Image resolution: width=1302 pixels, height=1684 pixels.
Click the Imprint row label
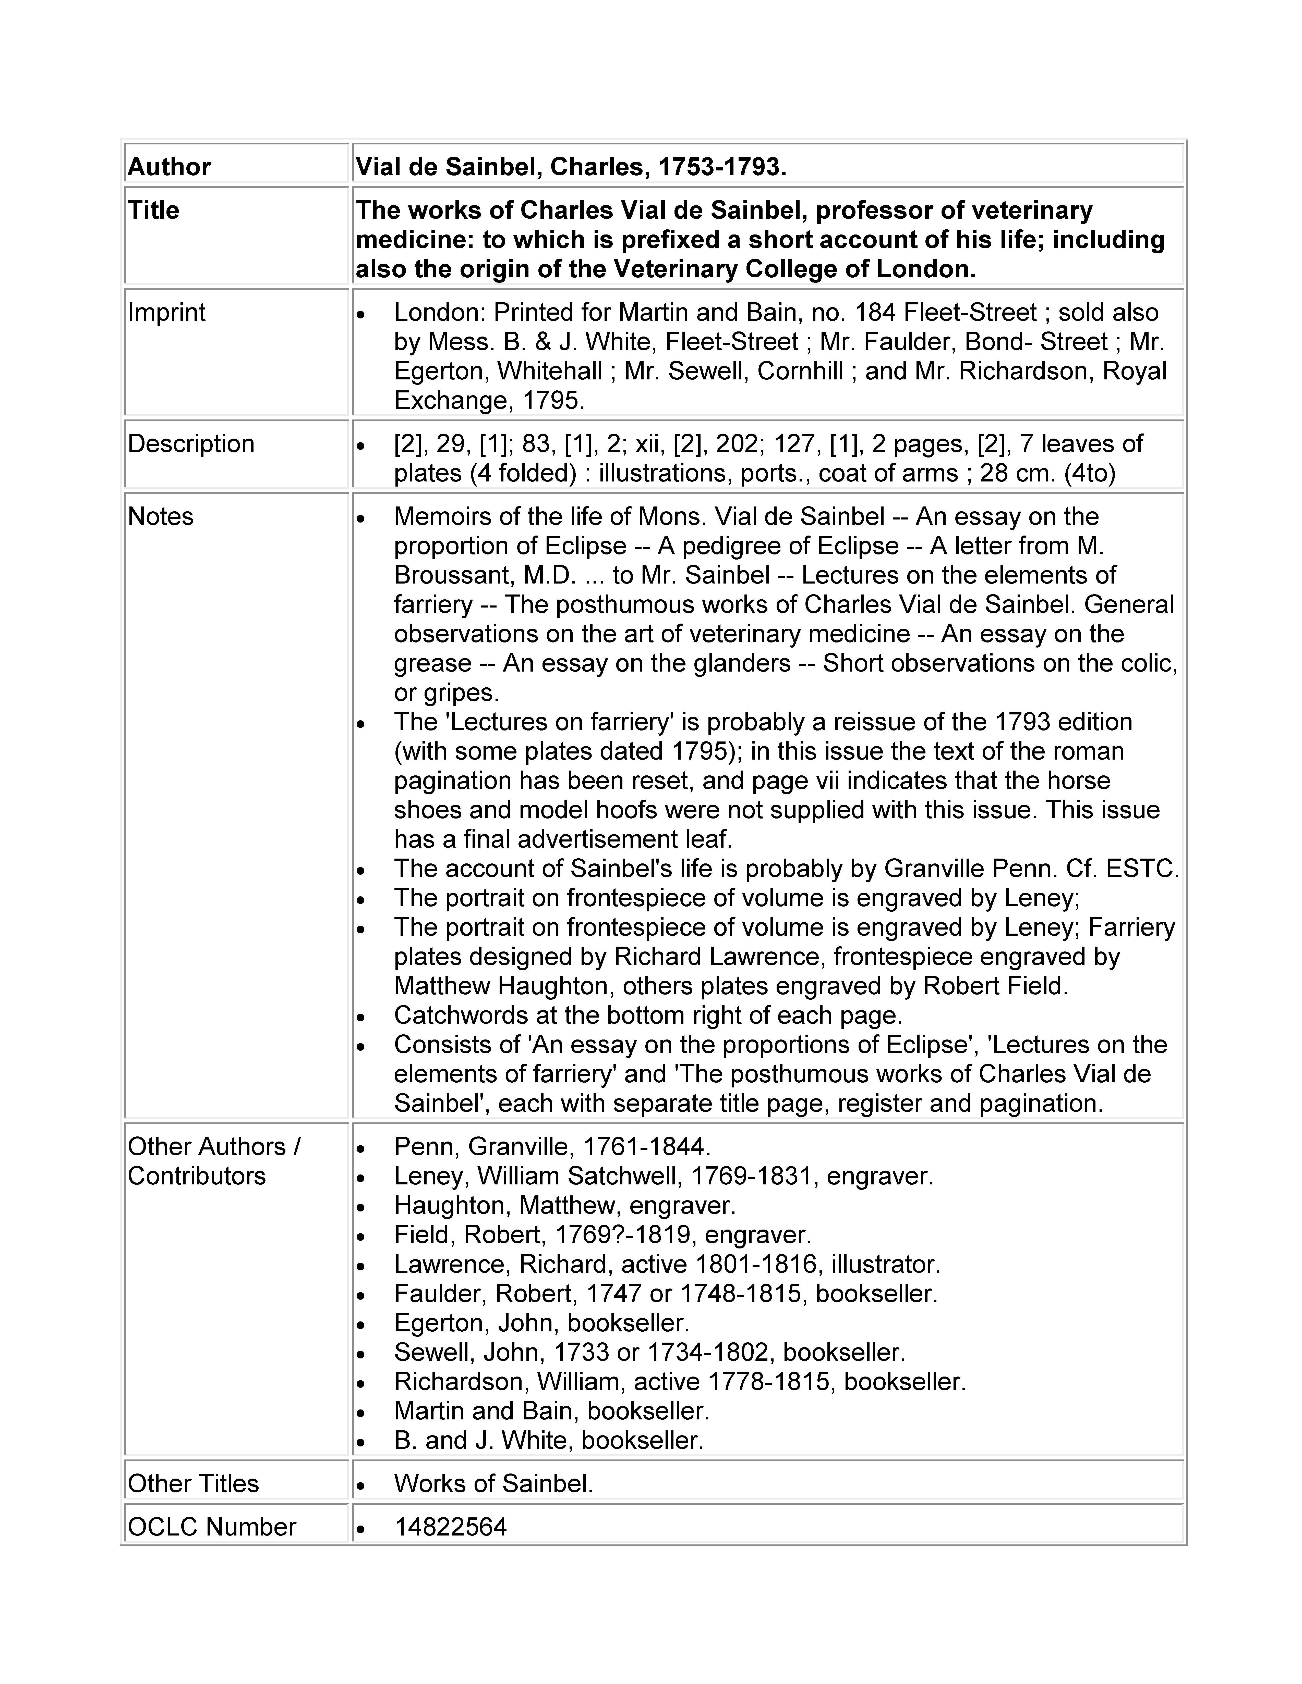click(167, 312)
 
